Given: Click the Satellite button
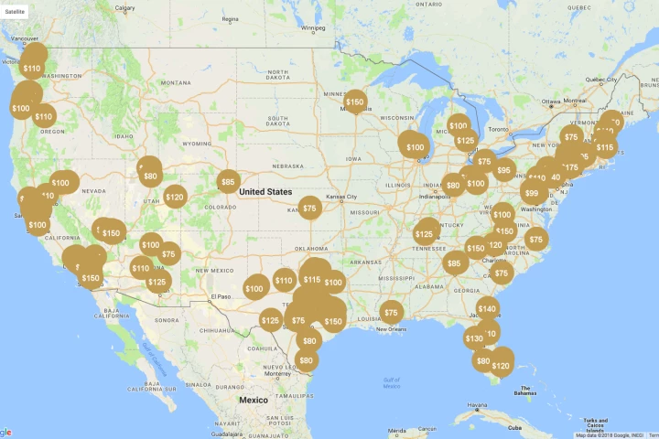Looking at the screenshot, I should (x=16, y=10).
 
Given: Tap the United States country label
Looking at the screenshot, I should (x=265, y=192).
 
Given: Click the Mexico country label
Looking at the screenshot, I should (x=254, y=401).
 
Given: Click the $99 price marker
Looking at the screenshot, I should (x=532, y=193).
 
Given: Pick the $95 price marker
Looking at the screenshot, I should (x=503, y=170).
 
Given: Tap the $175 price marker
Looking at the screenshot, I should (x=570, y=167).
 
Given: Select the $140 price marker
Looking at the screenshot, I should (x=487, y=308).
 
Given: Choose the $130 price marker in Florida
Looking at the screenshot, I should (x=474, y=338).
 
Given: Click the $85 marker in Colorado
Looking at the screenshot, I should (x=228, y=182).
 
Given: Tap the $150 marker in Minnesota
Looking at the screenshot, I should (x=355, y=102).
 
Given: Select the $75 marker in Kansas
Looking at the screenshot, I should (x=310, y=209).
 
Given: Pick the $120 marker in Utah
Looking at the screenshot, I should (x=175, y=197).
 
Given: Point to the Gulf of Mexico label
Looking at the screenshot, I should (x=392, y=381).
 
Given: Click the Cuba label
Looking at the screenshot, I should (x=514, y=427).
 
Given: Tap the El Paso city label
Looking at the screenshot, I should (x=222, y=296).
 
